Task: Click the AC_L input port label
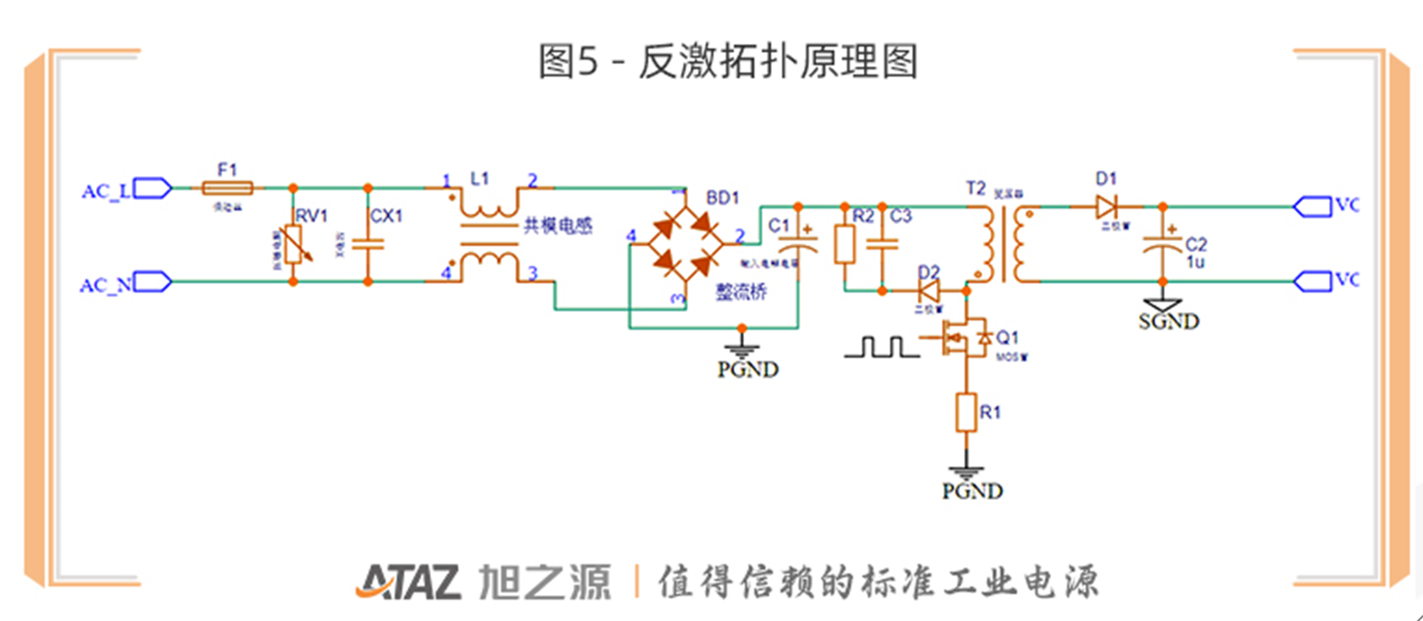click(106, 191)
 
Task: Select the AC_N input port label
click(105, 286)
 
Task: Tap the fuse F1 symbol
click(228, 188)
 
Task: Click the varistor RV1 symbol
click(294, 248)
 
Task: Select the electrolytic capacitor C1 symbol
click(797, 245)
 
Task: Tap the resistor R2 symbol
click(845, 245)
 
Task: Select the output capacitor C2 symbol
click(1161, 244)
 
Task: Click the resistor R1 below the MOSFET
click(968, 412)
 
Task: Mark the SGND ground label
click(1169, 322)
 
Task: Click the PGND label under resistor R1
click(972, 491)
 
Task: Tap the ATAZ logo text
click(407, 582)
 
